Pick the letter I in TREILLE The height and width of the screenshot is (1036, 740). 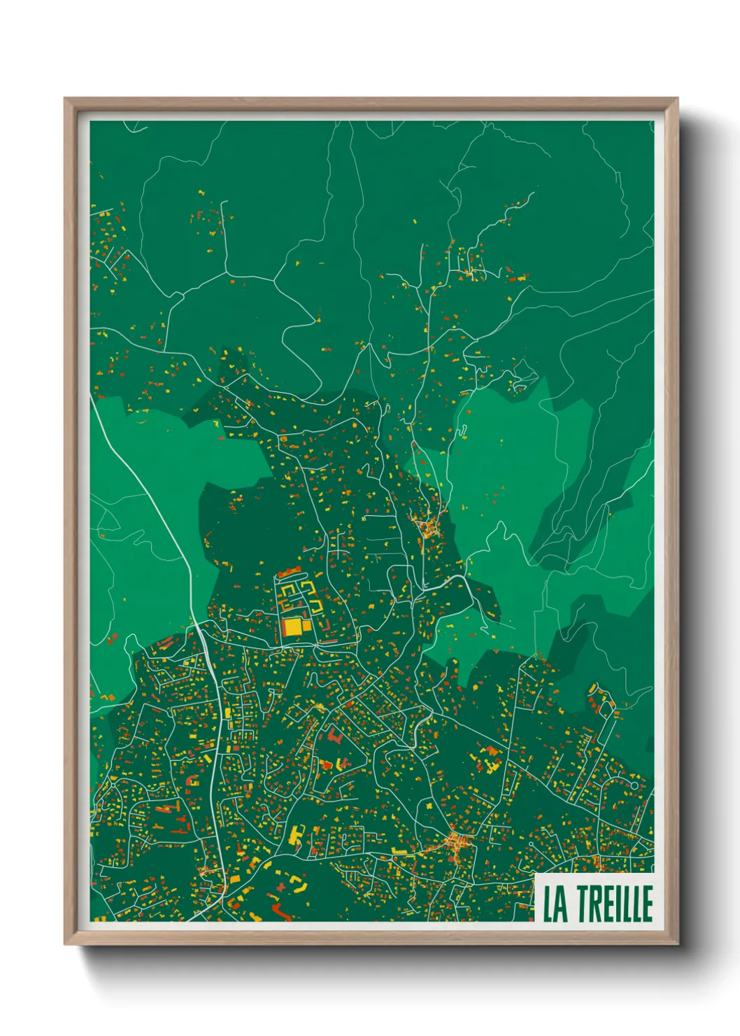(618, 904)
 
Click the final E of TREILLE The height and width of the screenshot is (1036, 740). (647, 904)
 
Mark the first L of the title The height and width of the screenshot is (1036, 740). (549, 904)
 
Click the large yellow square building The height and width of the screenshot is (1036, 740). (293, 626)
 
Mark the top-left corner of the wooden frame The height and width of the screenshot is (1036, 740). (65, 99)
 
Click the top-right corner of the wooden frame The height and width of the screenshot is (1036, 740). (678, 99)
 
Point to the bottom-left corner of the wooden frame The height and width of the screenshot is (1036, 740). (65, 944)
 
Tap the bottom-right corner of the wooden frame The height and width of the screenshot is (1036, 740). (678, 944)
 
